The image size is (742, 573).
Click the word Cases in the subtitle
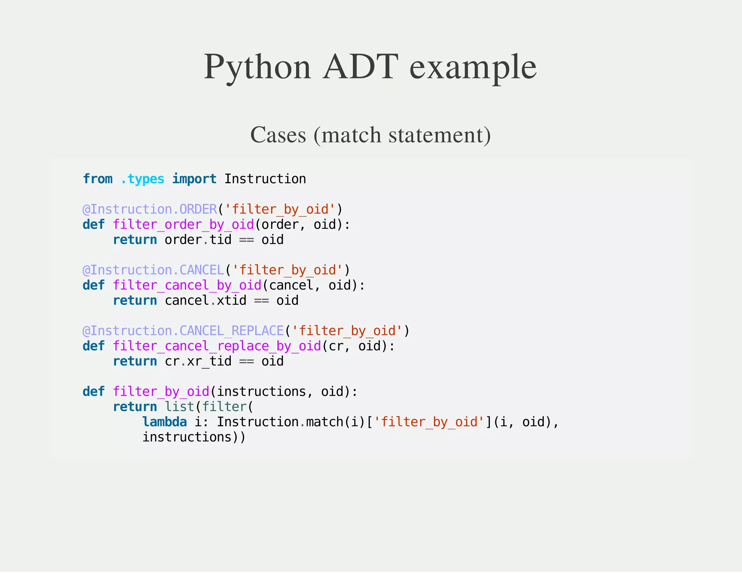pos(278,135)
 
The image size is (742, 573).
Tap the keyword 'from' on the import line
pos(97,179)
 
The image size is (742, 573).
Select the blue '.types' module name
pos(142,179)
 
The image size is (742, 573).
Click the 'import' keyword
pos(194,179)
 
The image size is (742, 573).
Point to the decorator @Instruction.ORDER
pos(150,209)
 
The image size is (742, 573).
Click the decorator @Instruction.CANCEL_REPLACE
pos(183,331)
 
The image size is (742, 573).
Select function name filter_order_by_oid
pos(183,225)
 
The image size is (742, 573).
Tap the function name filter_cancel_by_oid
pos(187,285)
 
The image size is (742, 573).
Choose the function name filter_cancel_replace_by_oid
pos(217,346)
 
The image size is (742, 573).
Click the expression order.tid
pos(198,240)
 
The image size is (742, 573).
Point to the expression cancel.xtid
pos(205,301)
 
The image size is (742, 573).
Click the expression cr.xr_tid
pos(198,361)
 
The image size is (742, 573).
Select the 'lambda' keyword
pos(164,422)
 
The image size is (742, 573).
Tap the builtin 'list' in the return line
pos(179,407)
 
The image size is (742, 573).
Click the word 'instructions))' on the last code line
pos(194,437)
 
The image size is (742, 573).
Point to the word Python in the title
pos(257,67)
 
